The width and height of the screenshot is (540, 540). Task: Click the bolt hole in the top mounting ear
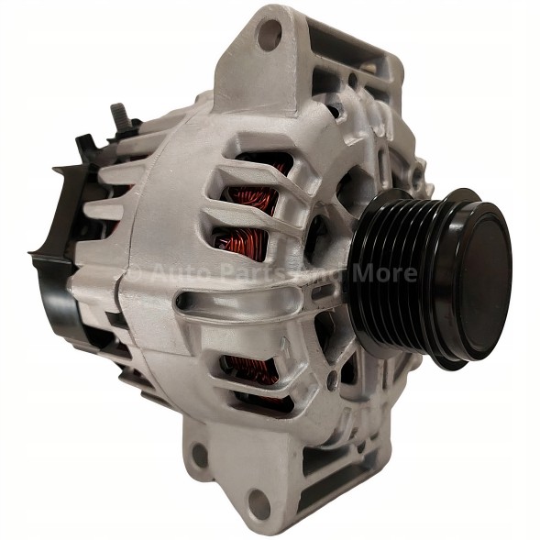(x=268, y=35)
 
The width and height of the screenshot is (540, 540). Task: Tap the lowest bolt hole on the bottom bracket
(x=259, y=502)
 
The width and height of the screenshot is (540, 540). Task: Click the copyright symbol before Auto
(x=135, y=273)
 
